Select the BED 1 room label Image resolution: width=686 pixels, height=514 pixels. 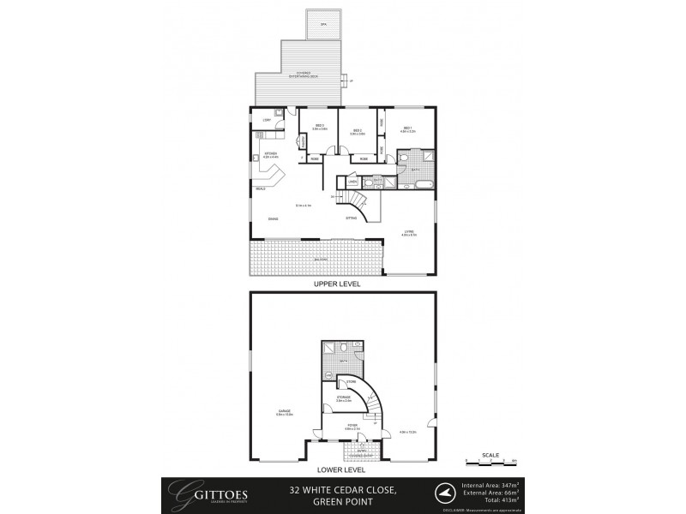tap(409, 128)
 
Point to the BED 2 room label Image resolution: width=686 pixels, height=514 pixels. tap(358, 132)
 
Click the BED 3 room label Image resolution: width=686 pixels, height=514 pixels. tap(320, 126)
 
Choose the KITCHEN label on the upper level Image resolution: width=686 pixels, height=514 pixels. tap(270, 155)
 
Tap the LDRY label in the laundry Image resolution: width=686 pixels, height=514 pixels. tap(267, 121)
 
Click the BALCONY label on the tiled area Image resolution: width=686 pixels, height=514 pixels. tap(322, 258)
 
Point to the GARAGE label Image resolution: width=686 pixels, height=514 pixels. tap(284, 411)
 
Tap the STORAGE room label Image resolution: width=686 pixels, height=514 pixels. tap(343, 397)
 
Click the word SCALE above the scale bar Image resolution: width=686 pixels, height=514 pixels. tap(490, 454)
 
